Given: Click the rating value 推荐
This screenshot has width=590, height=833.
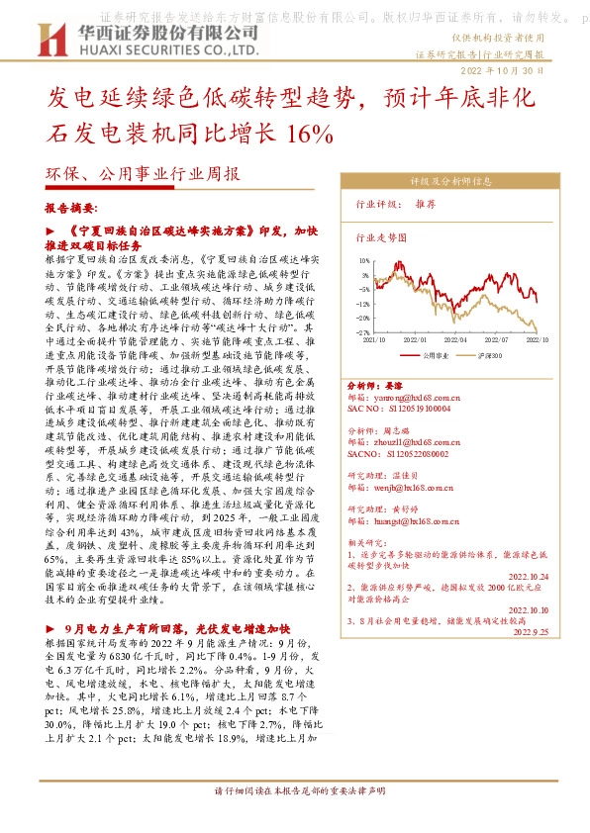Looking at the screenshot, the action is point(426,204).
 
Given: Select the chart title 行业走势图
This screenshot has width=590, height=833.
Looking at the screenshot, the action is point(381,238).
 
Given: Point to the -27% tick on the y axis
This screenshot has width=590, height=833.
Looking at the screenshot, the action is point(363,333).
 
